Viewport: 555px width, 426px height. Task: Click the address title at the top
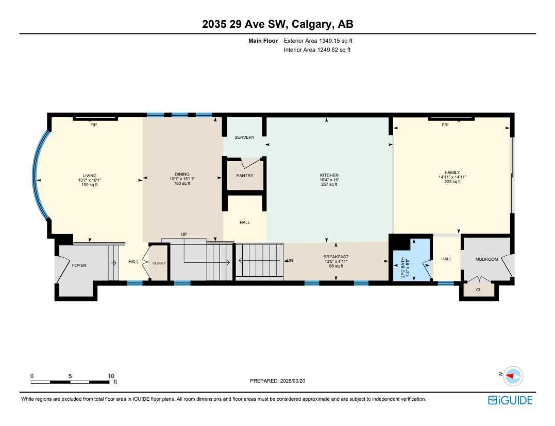point(278,24)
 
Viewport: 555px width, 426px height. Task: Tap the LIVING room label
point(90,175)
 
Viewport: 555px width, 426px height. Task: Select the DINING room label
point(182,174)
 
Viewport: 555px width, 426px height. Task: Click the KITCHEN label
point(328,175)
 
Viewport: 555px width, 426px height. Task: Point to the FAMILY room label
point(452,172)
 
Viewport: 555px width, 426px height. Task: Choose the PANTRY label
point(244,175)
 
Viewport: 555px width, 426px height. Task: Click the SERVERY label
point(244,137)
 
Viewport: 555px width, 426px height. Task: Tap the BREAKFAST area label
point(335,257)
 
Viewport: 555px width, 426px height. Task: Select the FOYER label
point(79,265)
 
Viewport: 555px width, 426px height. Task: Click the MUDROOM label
point(486,259)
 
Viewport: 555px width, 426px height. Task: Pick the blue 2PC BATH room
point(412,260)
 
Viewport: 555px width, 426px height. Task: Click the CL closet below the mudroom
point(478,290)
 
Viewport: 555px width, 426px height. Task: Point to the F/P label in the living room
point(94,125)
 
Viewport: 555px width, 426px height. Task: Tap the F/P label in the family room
point(445,125)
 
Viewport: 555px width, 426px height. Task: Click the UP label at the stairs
point(183,234)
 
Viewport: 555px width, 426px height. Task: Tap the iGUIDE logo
point(510,400)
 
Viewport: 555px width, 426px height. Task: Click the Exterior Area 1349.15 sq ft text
point(317,41)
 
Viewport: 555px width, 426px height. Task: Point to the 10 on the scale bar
point(111,376)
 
